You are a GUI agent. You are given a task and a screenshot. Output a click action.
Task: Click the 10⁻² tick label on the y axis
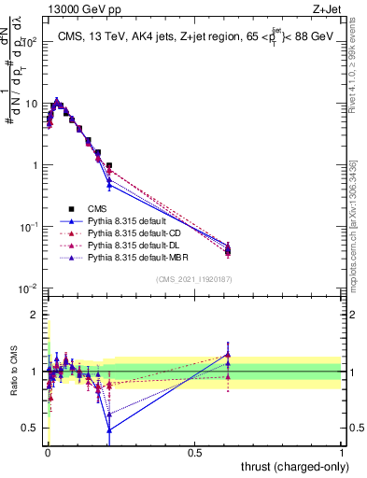coord(28,288)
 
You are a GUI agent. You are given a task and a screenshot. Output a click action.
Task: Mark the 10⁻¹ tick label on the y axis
coord(28,227)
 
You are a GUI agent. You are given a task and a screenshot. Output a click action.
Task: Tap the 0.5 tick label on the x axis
coord(194,452)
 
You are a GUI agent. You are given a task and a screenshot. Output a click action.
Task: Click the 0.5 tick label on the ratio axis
coord(32,429)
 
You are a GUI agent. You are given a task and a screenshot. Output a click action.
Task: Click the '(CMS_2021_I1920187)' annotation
coord(194,279)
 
